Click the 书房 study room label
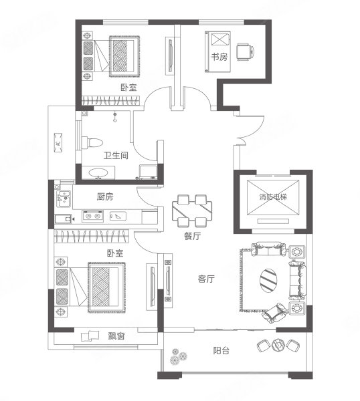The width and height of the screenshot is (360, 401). tap(219, 57)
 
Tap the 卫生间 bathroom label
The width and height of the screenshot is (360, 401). tap(116, 155)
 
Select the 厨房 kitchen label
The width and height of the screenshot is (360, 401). tap(105, 196)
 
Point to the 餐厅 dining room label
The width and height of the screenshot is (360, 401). tap(193, 236)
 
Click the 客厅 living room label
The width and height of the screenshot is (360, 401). tap(206, 279)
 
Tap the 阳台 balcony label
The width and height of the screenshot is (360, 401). tap(221, 350)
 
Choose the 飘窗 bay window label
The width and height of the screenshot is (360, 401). tap(116, 336)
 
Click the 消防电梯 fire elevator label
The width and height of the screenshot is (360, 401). tap(273, 197)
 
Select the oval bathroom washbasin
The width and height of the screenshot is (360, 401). tap(98, 173)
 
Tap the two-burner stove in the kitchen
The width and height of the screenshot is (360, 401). tap(93, 216)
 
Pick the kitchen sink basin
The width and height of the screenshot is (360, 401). tap(64, 198)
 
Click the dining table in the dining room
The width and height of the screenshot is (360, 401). tap(192, 211)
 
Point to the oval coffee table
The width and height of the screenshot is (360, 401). tap(268, 280)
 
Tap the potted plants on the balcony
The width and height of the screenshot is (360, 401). tap(178, 356)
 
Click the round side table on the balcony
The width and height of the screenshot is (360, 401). tap(278, 346)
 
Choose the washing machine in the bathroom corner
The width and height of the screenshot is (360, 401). tap(148, 172)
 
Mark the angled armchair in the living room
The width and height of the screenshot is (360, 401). tap(274, 313)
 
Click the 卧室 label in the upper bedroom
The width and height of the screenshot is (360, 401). tap(128, 88)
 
